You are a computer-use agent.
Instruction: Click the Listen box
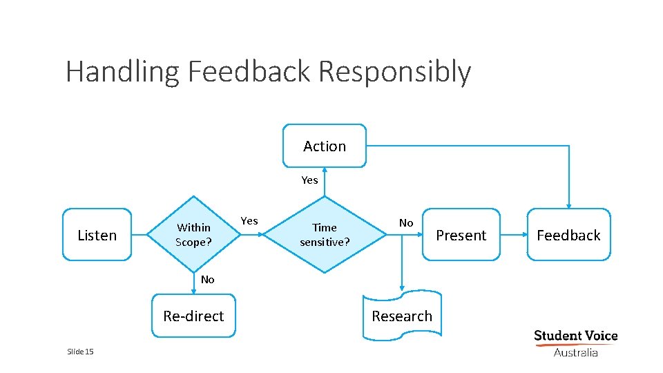pos(97,235)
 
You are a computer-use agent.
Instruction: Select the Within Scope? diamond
pos(193,235)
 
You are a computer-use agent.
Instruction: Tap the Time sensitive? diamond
pos(325,235)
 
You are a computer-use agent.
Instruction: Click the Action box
pos(325,146)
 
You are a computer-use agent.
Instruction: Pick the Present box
pos(461,235)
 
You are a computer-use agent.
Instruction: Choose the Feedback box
pos(568,235)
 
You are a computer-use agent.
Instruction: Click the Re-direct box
pos(193,316)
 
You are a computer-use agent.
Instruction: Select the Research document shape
pos(402,316)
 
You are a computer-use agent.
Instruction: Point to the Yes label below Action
pos(309,180)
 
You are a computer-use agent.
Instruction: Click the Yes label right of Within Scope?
pos(249,221)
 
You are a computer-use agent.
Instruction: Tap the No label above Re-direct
pos(207,280)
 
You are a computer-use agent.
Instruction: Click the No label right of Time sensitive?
pos(406,222)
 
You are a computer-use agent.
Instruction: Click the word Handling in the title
pos(123,72)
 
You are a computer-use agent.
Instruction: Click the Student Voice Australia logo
pos(575,343)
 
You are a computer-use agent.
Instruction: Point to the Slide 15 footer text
pos(80,352)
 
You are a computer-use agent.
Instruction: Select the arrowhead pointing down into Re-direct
pos(193,291)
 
